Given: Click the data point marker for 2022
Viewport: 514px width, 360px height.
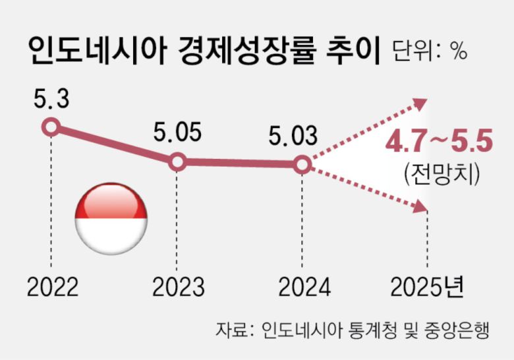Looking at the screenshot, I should pyautogui.click(x=51, y=127).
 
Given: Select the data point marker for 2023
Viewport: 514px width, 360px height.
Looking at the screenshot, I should pyautogui.click(x=177, y=162).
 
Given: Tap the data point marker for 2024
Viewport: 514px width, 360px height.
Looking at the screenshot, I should pyautogui.click(x=300, y=165).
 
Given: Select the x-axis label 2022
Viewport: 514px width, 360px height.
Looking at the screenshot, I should pyautogui.click(x=53, y=288).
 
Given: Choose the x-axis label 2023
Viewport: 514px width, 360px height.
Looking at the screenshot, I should pyautogui.click(x=178, y=288).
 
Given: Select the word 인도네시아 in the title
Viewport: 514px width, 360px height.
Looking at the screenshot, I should pyautogui.click(x=96, y=51).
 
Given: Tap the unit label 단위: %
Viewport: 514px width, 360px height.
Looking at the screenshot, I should pyautogui.click(x=429, y=51).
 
